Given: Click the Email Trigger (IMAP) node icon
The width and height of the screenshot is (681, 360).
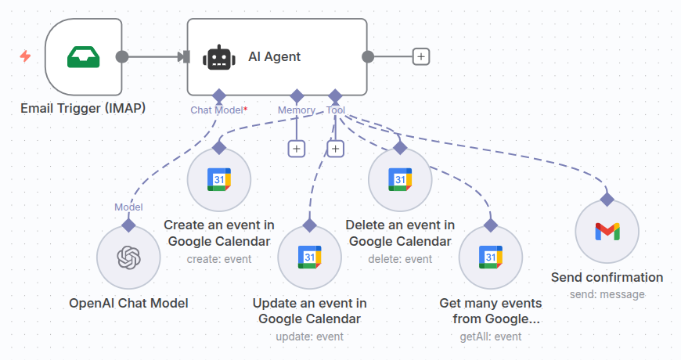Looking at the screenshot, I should tap(83, 57).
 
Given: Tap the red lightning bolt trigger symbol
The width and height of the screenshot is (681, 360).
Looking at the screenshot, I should tap(25, 56).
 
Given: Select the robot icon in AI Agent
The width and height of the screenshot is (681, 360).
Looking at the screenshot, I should tap(218, 57).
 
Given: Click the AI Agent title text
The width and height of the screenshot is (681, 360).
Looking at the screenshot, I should tap(274, 56).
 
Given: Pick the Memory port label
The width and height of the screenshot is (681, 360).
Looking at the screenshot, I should tap(296, 110).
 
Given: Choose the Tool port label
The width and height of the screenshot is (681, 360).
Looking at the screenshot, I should tap(335, 110).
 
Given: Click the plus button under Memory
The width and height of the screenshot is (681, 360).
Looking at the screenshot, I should tap(296, 149).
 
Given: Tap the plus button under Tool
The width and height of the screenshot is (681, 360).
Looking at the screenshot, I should tap(336, 149).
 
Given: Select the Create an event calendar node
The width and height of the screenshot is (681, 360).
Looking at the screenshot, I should tap(219, 179).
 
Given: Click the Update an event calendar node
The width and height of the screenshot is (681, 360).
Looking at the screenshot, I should tap(309, 257).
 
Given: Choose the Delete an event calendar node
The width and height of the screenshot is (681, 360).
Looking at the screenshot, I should tap(400, 179).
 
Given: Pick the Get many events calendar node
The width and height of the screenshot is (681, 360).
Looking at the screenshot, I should tap(490, 257).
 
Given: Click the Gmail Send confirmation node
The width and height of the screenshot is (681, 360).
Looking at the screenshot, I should tap(607, 231).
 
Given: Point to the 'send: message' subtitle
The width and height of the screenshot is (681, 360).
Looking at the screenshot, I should tap(607, 294).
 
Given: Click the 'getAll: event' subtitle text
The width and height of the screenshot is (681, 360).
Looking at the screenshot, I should tap(490, 337).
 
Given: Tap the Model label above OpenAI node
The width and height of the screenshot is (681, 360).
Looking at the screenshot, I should tap(128, 207).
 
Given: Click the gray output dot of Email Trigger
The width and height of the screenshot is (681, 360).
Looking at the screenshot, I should tap(121, 56).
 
